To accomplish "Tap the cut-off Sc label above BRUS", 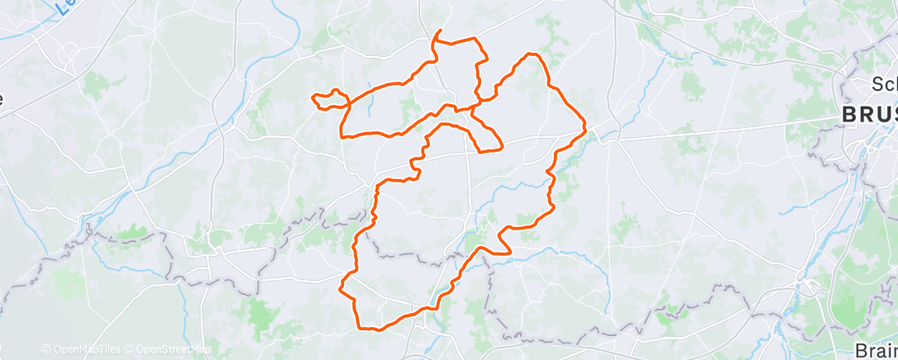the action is [x=884, y=84].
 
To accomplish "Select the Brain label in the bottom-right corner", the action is [x=877, y=348].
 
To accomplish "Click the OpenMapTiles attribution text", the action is [x=80, y=349].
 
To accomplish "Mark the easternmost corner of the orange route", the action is [x=586, y=129].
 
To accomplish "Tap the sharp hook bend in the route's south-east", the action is [x=508, y=248].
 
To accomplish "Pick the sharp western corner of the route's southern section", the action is [x=341, y=288].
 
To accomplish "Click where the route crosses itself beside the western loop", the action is [x=350, y=103].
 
